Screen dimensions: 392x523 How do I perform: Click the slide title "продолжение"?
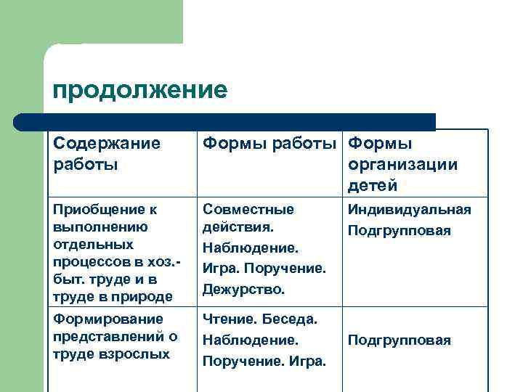coord(140,90)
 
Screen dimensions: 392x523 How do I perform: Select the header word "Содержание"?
coord(106,144)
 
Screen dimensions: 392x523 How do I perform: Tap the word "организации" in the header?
coord(403,164)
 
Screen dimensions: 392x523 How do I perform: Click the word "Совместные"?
coord(248,210)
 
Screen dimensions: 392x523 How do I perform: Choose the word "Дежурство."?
coord(243,289)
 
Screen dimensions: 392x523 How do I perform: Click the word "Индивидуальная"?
coord(409,210)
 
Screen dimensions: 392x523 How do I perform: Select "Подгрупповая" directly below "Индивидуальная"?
coord(399,231)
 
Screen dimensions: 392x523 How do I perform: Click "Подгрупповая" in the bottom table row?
coord(399,340)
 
